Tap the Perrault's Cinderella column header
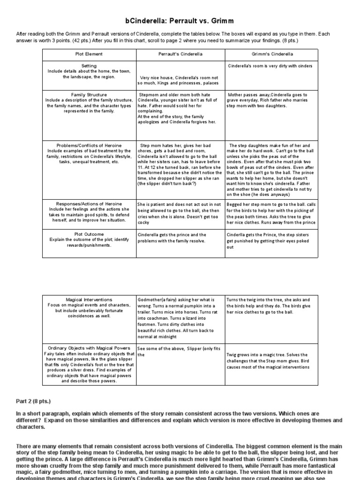pyautogui.click(x=180, y=54)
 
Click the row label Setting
pyautogui.click(x=89, y=66)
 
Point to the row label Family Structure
pyautogui.click(x=89, y=94)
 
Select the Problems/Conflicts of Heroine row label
pyautogui.click(x=89, y=145)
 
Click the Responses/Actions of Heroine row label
pyautogui.click(x=89, y=204)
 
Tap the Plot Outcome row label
pyautogui.click(x=89, y=233)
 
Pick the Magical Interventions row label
pyautogui.click(x=89, y=299)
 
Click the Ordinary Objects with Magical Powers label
pyautogui.click(x=89, y=348)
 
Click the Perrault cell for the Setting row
pyautogui.click(x=180, y=80)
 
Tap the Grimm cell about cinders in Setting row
pyautogui.click(x=270, y=66)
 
